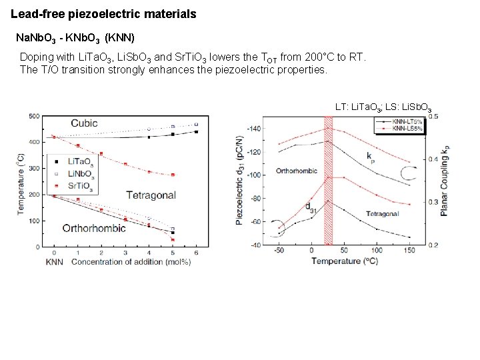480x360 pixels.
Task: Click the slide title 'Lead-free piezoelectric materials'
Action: coord(103,13)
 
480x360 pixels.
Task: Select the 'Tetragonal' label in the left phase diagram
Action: coord(151,195)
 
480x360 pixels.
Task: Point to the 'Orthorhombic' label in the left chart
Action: coord(93,228)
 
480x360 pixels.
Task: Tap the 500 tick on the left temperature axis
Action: coord(33,116)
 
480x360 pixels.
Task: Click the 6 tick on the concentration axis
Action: coord(196,254)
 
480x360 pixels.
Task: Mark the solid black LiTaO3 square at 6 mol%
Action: coord(196,132)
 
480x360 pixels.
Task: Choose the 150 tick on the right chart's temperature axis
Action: coord(409,251)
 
